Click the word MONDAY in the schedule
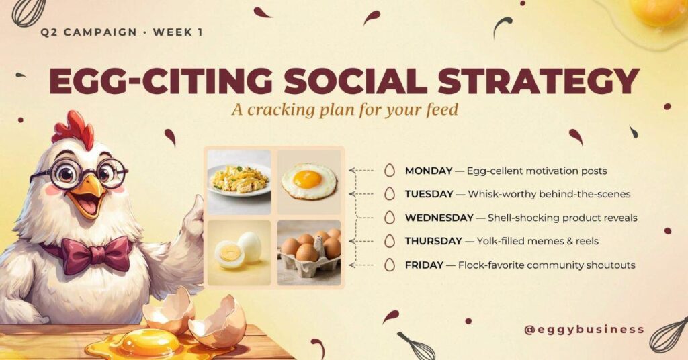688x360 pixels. [x=428, y=171]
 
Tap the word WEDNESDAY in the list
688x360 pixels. [x=439, y=218]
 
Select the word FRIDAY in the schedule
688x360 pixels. [x=424, y=265]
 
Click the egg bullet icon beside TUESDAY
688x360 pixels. [x=389, y=194]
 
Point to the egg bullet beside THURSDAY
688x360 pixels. [x=389, y=241]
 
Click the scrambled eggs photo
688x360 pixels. [x=239, y=182]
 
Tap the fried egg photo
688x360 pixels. [x=309, y=182]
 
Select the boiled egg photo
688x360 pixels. [x=239, y=253]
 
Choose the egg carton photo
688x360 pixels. [x=309, y=253]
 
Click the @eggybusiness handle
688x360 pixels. [x=585, y=329]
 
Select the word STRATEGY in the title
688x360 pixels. [x=538, y=81]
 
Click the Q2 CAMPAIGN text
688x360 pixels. [x=89, y=32]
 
